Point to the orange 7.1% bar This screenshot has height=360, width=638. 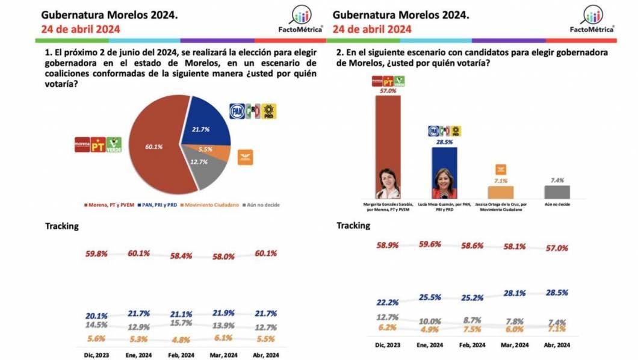click(x=501, y=192)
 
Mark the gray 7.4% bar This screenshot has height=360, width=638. click(x=557, y=192)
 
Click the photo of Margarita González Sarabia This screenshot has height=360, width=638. click(x=388, y=184)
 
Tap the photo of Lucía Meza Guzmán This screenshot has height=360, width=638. click(x=444, y=184)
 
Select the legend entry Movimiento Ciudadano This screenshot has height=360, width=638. click(x=215, y=205)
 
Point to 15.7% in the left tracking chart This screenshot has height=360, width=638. click(x=181, y=323)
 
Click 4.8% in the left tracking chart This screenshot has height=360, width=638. click(x=181, y=339)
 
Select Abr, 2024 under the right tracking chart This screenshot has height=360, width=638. click(x=556, y=345)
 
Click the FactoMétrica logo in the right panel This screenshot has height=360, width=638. click(x=592, y=19)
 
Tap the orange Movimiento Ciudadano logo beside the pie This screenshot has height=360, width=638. click(x=246, y=158)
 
